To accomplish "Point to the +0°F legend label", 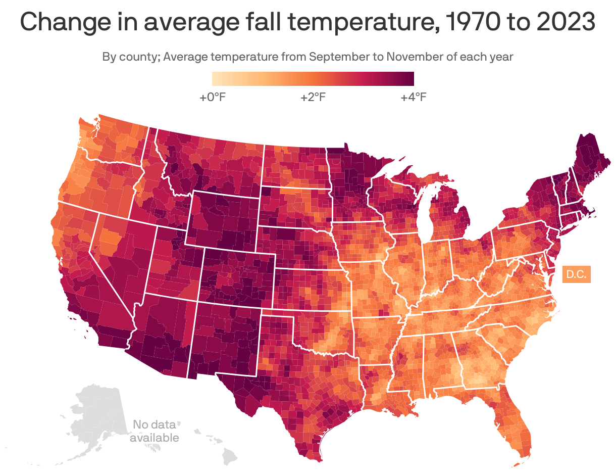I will coord(213,97).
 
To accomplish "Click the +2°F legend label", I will coord(313,97).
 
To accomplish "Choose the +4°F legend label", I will coord(414,97).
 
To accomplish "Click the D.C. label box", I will coord(576,275).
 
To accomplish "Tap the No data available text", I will coord(154,431).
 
